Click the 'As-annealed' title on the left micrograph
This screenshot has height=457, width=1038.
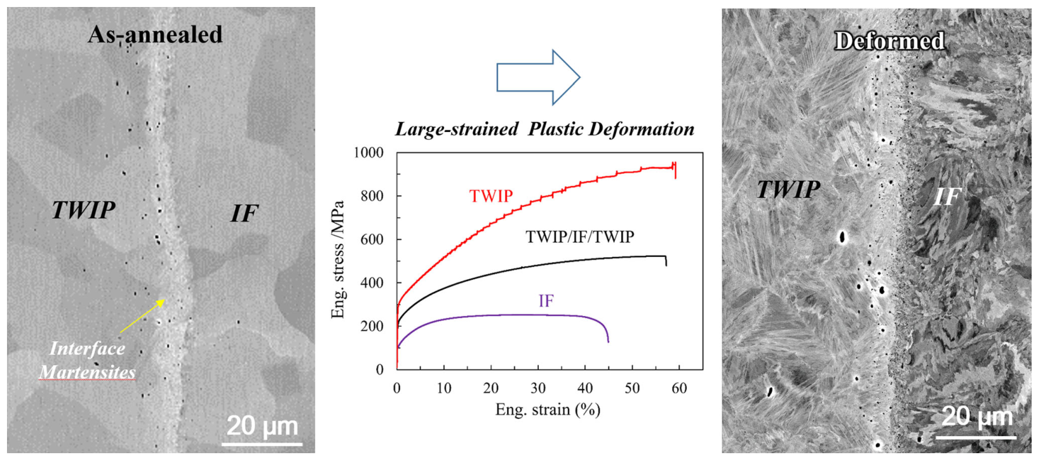(155, 34)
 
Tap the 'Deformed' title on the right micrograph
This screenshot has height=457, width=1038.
(889, 41)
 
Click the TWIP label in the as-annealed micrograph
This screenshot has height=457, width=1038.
(83, 210)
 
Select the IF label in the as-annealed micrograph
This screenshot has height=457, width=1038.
(244, 214)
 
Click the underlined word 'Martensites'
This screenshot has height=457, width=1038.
(88, 372)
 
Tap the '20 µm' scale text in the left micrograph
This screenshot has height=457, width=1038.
(262, 425)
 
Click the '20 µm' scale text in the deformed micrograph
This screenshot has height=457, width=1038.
(976, 417)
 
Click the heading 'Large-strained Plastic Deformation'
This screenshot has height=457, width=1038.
(544, 129)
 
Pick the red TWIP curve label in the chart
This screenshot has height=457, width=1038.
(490, 196)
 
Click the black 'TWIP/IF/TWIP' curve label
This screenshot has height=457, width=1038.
(579, 237)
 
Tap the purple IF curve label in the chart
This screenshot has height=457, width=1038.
(546, 301)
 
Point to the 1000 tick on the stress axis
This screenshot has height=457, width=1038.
(368, 153)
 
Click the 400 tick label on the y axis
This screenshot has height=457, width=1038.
(373, 283)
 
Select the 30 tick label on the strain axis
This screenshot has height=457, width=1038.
(538, 388)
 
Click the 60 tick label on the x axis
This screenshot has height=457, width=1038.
(679, 388)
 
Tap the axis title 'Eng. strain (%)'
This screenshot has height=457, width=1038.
(548, 410)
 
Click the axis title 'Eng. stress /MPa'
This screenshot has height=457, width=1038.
(338, 260)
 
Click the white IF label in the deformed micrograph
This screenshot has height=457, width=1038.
(947, 197)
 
